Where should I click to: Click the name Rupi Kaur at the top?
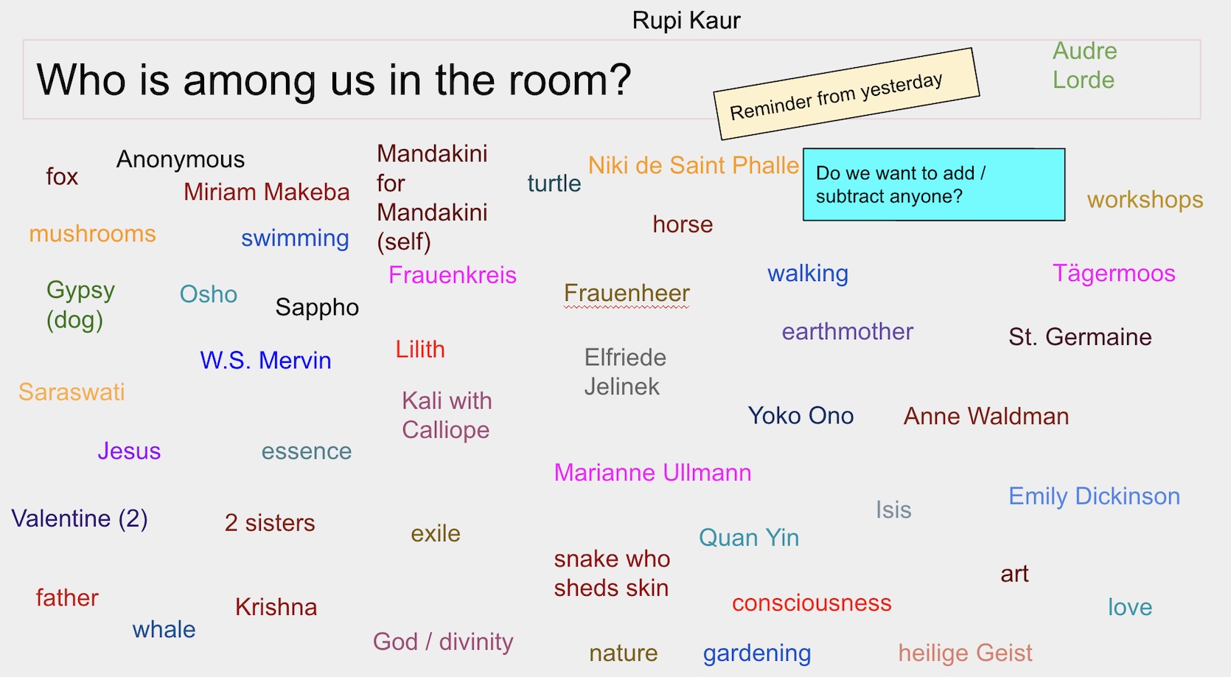[686, 21]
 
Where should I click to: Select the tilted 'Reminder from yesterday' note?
[846, 94]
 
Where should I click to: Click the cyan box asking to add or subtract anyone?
[934, 184]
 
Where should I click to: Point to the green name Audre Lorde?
[1084, 66]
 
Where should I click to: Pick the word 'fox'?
[62, 176]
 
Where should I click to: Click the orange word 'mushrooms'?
[92, 235]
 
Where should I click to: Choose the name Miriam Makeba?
[267, 192]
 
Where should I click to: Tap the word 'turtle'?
[554, 183]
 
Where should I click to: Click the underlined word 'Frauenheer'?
[627, 293]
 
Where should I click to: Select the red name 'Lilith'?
[420, 350]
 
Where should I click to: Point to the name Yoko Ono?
[801, 416]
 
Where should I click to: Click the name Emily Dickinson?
[1094, 496]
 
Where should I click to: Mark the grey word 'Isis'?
[893, 510]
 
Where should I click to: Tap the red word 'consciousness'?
[812, 603]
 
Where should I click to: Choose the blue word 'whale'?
[164, 630]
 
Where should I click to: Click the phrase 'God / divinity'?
[443, 642]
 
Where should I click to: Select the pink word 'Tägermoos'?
[1114, 274]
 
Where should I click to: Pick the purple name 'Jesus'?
[129, 451]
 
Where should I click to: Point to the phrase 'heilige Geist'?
[966, 653]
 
